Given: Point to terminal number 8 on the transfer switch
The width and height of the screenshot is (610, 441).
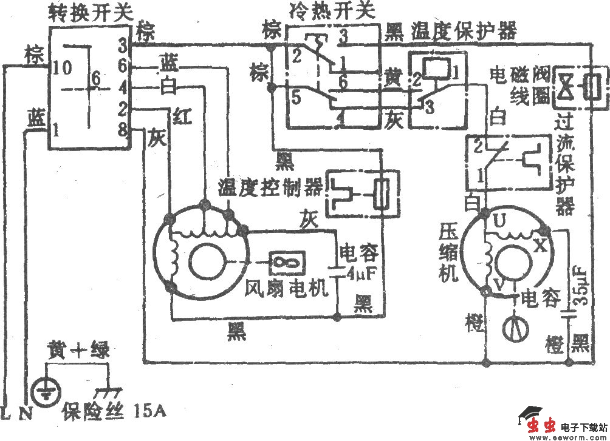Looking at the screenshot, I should [122, 129].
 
